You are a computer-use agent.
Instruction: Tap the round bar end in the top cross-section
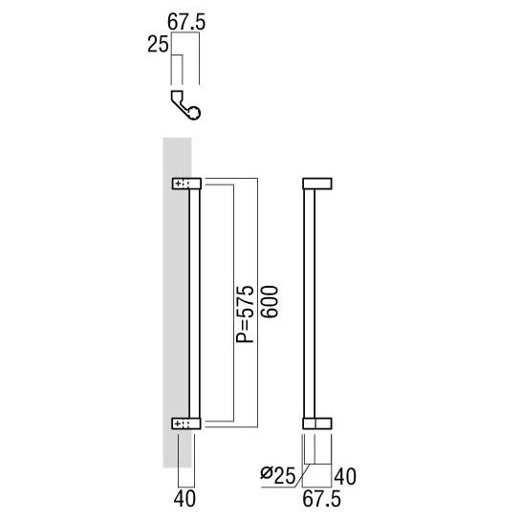pyautogui.click(x=196, y=114)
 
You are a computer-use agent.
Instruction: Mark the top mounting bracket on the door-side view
pyautogui.click(x=186, y=184)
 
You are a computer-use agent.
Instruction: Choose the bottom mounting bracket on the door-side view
pyautogui.click(x=186, y=422)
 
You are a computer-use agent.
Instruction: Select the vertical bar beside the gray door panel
pyautogui.click(x=196, y=302)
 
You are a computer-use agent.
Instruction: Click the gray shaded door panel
pyautogui.click(x=175, y=287)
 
